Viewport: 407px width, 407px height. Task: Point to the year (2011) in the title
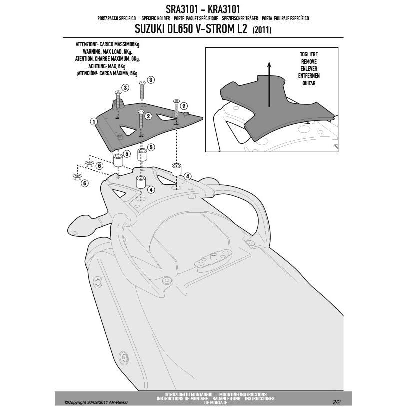pos(262,30)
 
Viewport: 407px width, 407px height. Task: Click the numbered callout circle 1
pos(93,121)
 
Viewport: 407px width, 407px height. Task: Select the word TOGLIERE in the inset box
pos(309,54)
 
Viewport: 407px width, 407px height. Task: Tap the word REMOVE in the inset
pos(309,61)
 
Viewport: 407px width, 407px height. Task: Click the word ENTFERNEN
pos(309,75)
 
